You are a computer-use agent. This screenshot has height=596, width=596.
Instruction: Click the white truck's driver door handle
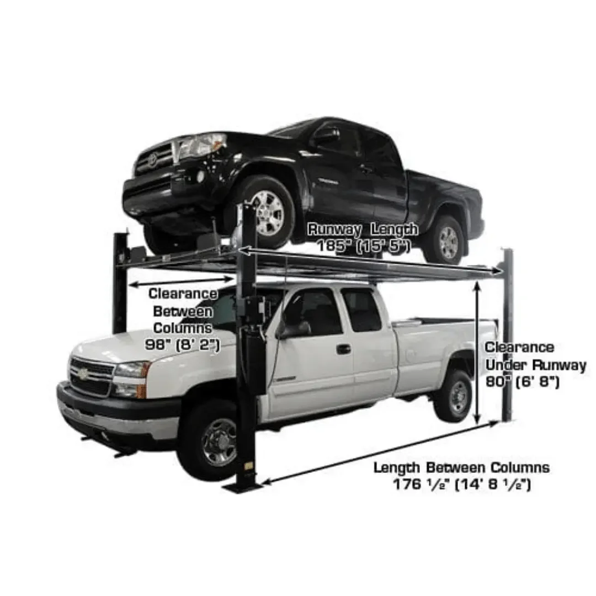point(343,349)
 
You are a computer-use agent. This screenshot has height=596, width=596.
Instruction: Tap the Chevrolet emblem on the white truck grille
point(82,374)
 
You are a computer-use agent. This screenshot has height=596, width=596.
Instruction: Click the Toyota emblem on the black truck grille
point(152,159)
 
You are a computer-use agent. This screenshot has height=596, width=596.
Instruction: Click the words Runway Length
point(363,229)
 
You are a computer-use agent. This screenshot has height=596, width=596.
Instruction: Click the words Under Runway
point(536,364)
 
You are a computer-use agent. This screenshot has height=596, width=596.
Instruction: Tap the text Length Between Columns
point(461,468)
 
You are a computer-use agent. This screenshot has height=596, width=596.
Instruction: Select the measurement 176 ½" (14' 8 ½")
point(461,485)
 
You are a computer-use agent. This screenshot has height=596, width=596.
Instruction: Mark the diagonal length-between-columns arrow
point(381,453)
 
